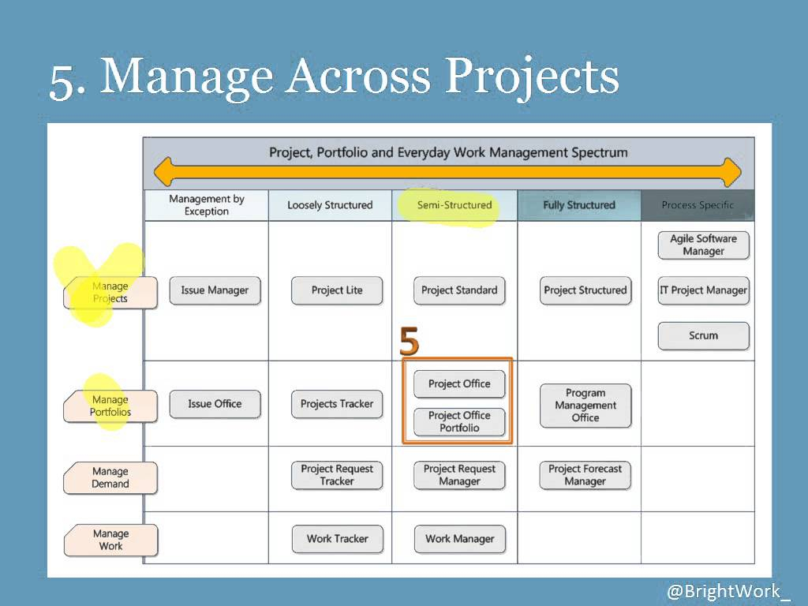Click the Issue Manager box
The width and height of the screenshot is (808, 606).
[x=215, y=290]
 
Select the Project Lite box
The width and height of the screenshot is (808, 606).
[x=337, y=290]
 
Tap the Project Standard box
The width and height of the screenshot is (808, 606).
[x=459, y=290]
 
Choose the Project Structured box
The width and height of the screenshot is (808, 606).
[x=585, y=290]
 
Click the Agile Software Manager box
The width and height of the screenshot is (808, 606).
[x=703, y=245]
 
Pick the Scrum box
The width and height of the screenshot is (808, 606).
[x=703, y=335]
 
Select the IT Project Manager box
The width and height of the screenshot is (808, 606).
[x=703, y=290]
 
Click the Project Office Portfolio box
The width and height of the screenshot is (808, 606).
[x=459, y=421]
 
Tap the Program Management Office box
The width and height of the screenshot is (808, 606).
[x=585, y=406]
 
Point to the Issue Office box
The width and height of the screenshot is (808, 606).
[x=215, y=404]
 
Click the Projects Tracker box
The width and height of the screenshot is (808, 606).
[x=337, y=404]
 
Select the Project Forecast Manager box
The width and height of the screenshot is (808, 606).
[x=585, y=475]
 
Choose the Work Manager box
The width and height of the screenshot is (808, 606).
[x=459, y=539]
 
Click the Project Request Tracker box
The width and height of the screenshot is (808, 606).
[x=337, y=475]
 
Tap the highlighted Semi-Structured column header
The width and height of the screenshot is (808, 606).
[x=454, y=205]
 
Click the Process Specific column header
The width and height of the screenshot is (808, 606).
[x=698, y=205]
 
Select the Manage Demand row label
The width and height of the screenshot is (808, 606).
[x=110, y=478]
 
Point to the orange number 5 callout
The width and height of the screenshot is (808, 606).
[x=409, y=342]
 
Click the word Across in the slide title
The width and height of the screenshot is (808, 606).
[x=358, y=77]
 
